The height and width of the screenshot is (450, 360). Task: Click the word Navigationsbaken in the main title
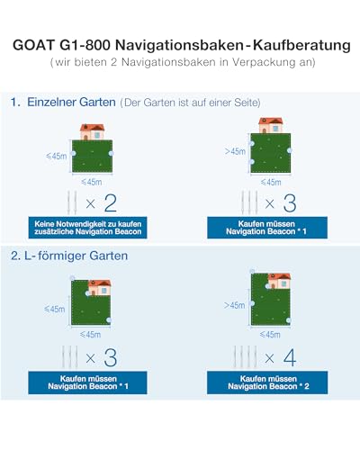click(179, 45)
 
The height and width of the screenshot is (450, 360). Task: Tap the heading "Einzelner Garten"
click(71, 103)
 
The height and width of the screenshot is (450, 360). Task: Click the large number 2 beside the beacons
click(110, 203)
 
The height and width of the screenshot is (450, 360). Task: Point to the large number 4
click(290, 357)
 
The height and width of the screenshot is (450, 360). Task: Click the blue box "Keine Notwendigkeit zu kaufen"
click(87, 228)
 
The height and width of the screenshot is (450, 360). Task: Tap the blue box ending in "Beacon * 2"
click(267, 382)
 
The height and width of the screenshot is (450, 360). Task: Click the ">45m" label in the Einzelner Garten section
click(235, 151)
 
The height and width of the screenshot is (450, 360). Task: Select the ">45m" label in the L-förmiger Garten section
click(234, 305)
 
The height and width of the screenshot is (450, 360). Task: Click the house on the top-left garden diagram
click(92, 131)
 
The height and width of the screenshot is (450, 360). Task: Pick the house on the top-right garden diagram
click(271, 125)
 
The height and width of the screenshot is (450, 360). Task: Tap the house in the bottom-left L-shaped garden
click(100, 287)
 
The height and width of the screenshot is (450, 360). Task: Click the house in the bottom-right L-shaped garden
click(279, 281)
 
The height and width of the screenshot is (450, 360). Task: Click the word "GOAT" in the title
click(34, 45)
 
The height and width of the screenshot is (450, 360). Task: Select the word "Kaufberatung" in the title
click(301, 45)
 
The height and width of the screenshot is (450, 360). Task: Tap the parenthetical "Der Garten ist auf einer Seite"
click(190, 103)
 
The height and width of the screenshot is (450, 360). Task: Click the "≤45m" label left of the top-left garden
click(57, 156)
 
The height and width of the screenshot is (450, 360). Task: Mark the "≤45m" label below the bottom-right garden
click(270, 335)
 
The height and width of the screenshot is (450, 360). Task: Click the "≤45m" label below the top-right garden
click(271, 182)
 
